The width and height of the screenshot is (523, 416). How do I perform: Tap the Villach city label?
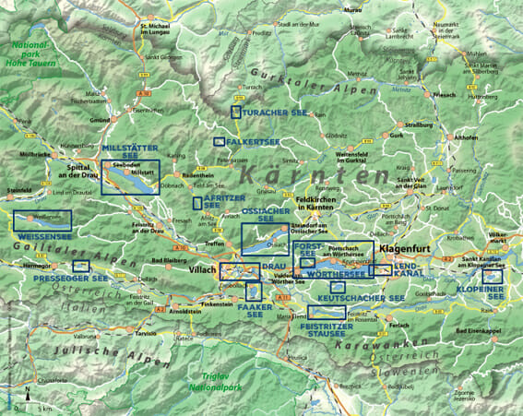[x=201, y=272]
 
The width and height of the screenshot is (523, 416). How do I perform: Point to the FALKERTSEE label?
[x=252, y=142]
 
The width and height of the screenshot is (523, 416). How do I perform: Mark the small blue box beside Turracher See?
[x=236, y=112]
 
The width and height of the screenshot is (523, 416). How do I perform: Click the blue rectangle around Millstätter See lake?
[x=130, y=178]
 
